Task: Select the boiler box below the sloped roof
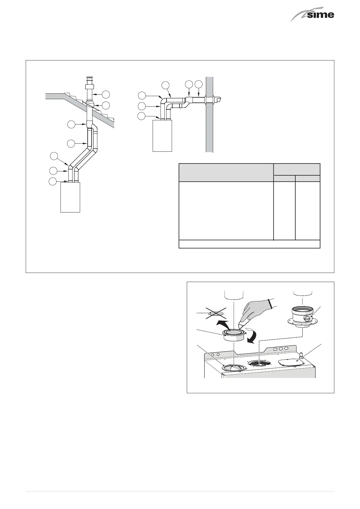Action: pyautogui.click(x=70, y=197)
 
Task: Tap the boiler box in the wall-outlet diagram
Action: pyautogui.click(x=162, y=135)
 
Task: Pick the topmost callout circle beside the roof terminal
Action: pyautogui.click(x=105, y=94)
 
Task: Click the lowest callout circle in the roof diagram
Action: pyautogui.click(x=53, y=181)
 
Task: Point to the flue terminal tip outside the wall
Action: pyautogui.click(x=219, y=99)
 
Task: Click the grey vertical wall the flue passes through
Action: pyautogui.click(x=209, y=127)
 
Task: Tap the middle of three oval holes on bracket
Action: pyautogui.click(x=281, y=349)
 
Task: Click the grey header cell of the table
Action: pyautogui.click(x=226, y=172)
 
